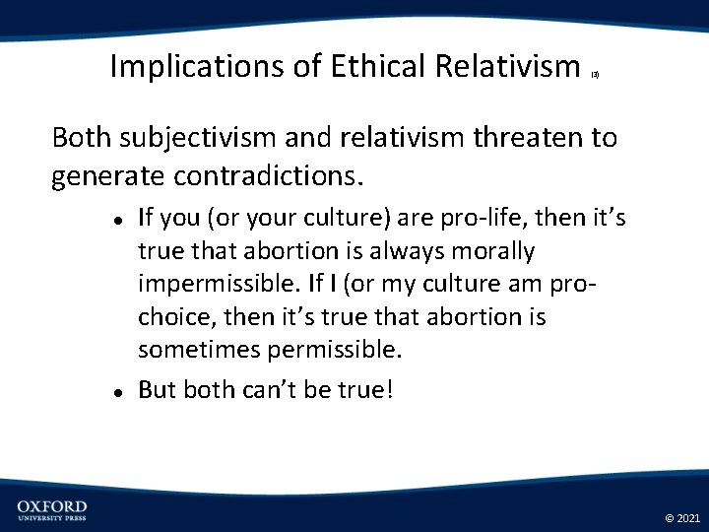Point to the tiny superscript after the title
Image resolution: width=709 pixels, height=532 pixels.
[595, 73]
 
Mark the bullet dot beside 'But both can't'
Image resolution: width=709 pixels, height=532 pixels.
[116, 391]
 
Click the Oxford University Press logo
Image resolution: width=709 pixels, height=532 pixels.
[51, 509]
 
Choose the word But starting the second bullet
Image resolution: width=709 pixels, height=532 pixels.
[158, 389]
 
